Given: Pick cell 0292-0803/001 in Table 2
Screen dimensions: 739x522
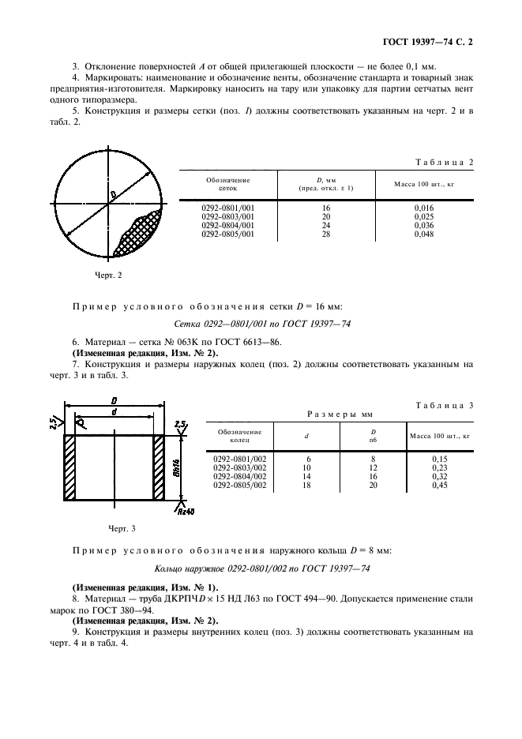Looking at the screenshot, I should click(x=228, y=216).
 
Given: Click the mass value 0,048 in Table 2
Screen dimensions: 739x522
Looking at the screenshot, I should click(x=424, y=234).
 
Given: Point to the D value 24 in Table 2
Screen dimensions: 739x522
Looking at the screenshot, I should click(x=325, y=225).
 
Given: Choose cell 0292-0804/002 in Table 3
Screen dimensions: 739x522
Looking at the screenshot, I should click(x=240, y=476).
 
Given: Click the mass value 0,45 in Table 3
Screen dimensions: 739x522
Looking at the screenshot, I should click(x=439, y=486).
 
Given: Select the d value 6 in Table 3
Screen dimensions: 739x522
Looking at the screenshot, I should click(x=306, y=458).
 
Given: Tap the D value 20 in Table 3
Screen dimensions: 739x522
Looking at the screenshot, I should click(x=373, y=486).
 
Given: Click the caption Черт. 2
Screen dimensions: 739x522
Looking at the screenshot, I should click(x=108, y=276).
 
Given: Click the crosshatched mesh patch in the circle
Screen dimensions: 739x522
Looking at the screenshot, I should click(x=139, y=234).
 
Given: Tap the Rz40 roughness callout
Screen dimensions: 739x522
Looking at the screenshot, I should click(x=187, y=512).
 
